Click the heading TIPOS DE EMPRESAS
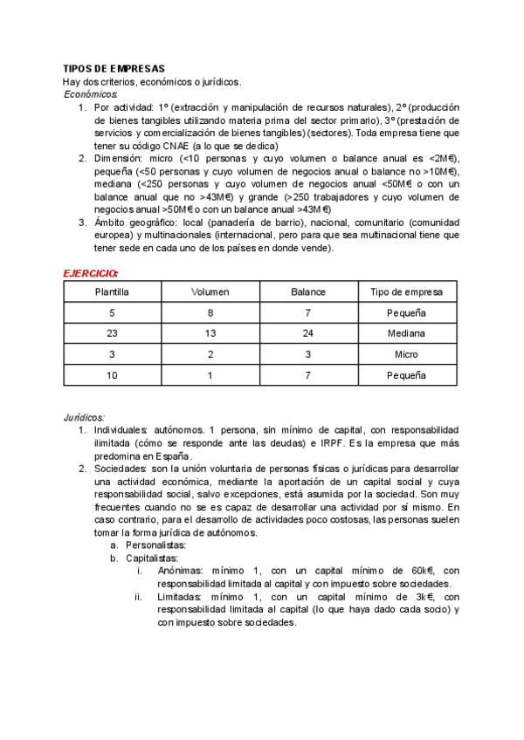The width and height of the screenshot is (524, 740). click(x=114, y=69)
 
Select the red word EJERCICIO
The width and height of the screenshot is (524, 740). click(x=92, y=272)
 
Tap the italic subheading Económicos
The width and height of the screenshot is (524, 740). click(x=92, y=93)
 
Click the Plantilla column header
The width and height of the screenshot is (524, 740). click(x=112, y=291)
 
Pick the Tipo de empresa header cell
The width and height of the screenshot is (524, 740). click(x=406, y=291)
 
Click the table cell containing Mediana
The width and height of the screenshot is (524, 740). click(x=406, y=333)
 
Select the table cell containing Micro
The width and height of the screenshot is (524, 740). click(x=406, y=354)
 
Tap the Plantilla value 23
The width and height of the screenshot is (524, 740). click(x=112, y=333)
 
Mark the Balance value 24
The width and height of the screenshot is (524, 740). click(x=308, y=333)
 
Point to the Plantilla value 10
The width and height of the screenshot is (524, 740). click(x=112, y=375)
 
